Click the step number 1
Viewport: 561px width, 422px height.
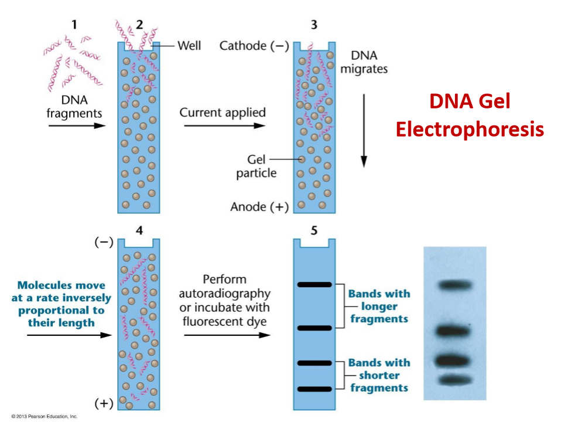pos(74,24)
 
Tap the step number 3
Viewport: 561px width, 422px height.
pos(314,24)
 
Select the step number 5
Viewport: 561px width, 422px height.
pos(314,230)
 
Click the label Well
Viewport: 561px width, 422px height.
pos(188,45)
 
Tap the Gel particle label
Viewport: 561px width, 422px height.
pos(256,166)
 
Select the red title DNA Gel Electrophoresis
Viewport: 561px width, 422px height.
pos(469,115)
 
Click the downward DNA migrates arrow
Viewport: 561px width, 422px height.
pos(364,129)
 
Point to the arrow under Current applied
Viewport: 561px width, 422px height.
pos(223,125)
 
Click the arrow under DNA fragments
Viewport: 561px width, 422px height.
pos(74,125)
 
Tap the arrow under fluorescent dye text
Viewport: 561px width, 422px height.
pos(227,335)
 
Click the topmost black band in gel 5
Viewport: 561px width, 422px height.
pos(314,285)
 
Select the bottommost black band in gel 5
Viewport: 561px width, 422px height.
pos(314,389)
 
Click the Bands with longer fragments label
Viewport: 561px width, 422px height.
pos(379,307)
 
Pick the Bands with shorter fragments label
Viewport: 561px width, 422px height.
pos(379,375)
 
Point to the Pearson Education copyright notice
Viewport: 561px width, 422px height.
pos(40,417)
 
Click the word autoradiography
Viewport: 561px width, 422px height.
pos(225,293)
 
